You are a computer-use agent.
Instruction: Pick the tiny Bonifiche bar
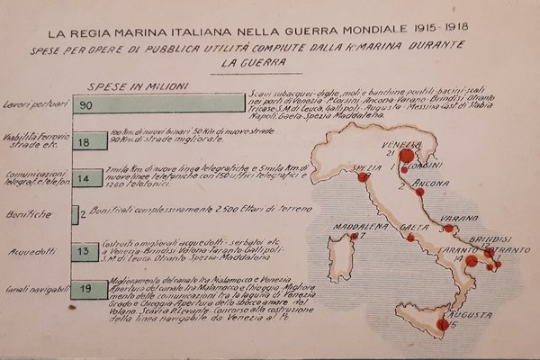74,214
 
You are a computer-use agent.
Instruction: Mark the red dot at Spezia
364,177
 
